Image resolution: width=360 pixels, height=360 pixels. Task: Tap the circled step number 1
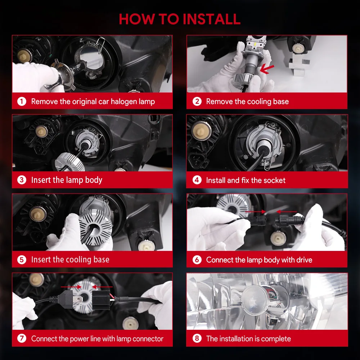pyautogui.click(x=22, y=101)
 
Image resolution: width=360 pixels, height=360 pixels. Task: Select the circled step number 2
pyautogui.click(x=197, y=101)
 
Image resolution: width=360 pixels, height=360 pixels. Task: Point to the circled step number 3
pyautogui.click(x=22, y=180)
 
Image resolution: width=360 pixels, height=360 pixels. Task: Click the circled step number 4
pyautogui.click(x=197, y=180)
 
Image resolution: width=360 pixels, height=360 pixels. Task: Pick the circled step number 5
pyautogui.click(x=22, y=260)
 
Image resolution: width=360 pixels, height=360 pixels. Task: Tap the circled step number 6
pyautogui.click(x=197, y=260)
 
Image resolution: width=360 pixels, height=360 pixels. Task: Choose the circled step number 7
pyautogui.click(x=22, y=338)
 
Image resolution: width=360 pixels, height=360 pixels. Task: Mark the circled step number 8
pyautogui.click(x=197, y=338)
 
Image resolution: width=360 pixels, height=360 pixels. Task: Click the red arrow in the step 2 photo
pyautogui.click(x=267, y=69)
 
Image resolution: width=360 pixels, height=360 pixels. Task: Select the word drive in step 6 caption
pyautogui.click(x=304, y=260)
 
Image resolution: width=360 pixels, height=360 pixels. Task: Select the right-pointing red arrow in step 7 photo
pyautogui.click(x=71, y=287)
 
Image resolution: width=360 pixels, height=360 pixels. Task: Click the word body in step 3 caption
pyautogui.click(x=94, y=180)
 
